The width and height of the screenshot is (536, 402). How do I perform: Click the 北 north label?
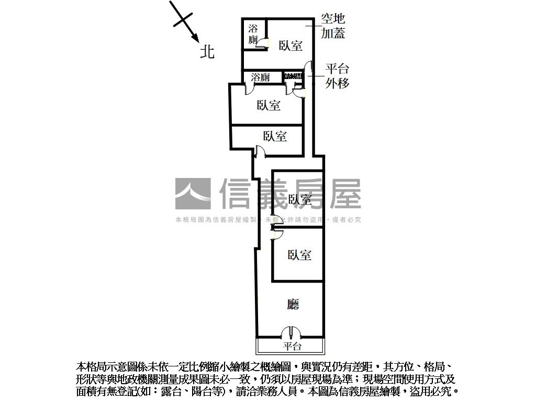(208, 51)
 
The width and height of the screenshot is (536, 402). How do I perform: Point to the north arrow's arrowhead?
(195, 39)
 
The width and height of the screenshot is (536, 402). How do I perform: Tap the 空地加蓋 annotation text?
(333, 26)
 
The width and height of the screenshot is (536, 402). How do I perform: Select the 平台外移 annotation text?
(337, 76)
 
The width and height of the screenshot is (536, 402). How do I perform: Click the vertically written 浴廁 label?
(253, 34)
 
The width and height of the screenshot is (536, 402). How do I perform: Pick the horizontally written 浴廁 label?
(260, 77)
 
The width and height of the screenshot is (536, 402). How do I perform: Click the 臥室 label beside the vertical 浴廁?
(291, 46)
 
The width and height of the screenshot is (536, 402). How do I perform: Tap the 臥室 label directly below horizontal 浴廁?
(269, 105)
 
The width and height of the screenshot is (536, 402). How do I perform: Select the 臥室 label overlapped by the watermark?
(300, 199)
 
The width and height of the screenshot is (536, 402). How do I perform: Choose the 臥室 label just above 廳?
(300, 255)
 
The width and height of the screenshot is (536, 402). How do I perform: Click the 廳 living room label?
(294, 304)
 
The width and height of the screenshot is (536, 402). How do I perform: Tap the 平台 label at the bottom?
(292, 346)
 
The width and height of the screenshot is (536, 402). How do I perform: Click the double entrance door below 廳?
(289, 333)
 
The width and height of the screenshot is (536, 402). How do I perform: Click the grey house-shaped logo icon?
(193, 194)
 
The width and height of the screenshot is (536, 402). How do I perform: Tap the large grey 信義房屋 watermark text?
(291, 194)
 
